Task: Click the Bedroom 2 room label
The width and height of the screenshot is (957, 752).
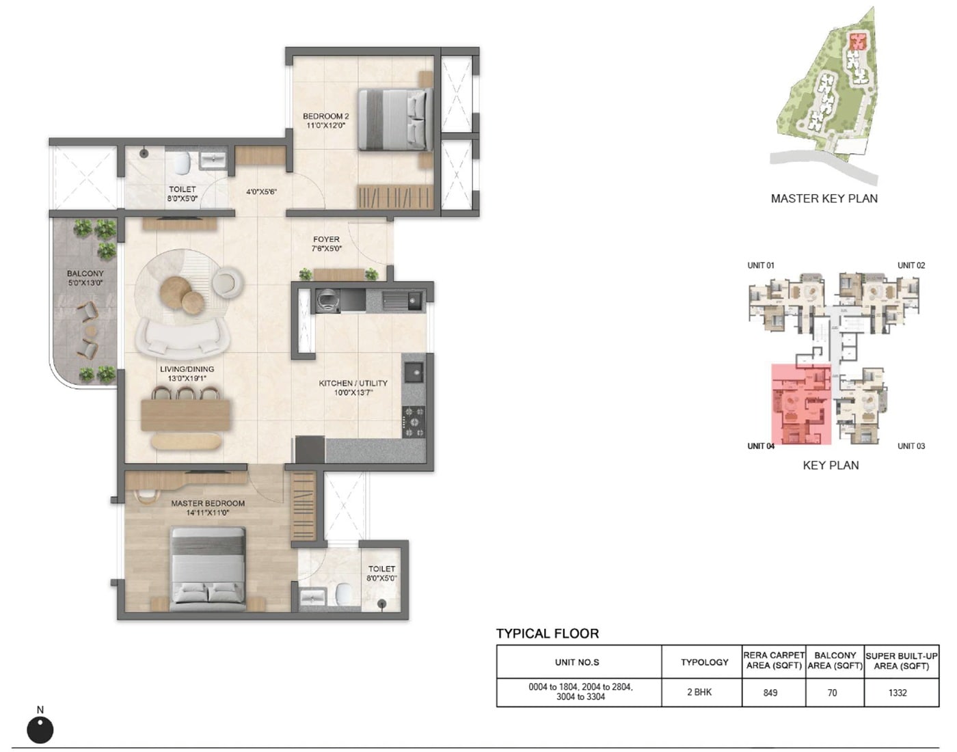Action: click(x=325, y=117)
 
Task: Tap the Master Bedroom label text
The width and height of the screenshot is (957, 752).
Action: click(x=207, y=503)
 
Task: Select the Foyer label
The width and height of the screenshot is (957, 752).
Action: click(x=326, y=240)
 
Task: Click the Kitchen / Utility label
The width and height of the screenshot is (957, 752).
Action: click(x=353, y=384)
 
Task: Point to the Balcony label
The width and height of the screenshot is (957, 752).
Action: click(x=85, y=273)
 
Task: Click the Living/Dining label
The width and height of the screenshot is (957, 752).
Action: click(x=187, y=369)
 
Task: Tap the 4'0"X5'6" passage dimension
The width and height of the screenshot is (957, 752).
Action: click(x=261, y=192)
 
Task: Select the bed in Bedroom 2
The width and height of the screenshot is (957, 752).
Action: click(x=395, y=120)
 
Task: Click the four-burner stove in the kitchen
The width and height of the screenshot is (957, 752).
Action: click(x=414, y=422)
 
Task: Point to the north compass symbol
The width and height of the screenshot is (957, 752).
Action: click(x=40, y=729)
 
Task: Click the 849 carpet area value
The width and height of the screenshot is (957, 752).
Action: click(x=770, y=693)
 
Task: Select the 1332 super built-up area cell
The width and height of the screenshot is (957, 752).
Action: click(x=898, y=693)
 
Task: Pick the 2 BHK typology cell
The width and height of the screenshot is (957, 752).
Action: click(x=699, y=692)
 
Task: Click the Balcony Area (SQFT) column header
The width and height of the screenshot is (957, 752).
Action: click(x=835, y=660)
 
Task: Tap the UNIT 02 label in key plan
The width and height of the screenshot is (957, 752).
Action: click(x=911, y=265)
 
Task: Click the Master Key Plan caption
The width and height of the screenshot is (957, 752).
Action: click(x=824, y=199)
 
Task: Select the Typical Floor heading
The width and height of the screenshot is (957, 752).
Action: click(x=547, y=634)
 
